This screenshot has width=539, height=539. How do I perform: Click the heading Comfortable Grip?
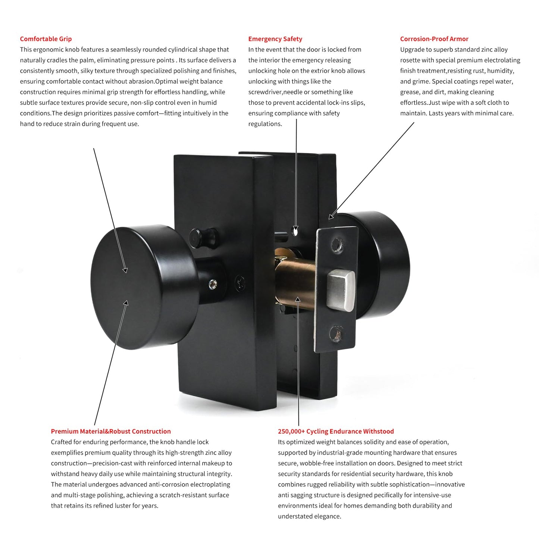click(x=46, y=39)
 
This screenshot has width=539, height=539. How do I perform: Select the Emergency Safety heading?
click(x=275, y=39)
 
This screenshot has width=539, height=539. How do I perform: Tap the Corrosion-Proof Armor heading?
click(x=434, y=39)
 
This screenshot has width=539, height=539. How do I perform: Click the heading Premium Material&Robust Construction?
click(x=111, y=431)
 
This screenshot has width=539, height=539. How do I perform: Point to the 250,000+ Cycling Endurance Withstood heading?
click(x=336, y=431)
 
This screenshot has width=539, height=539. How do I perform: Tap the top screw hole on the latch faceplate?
click(x=336, y=244)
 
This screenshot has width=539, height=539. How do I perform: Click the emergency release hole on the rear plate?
click(x=296, y=232)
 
